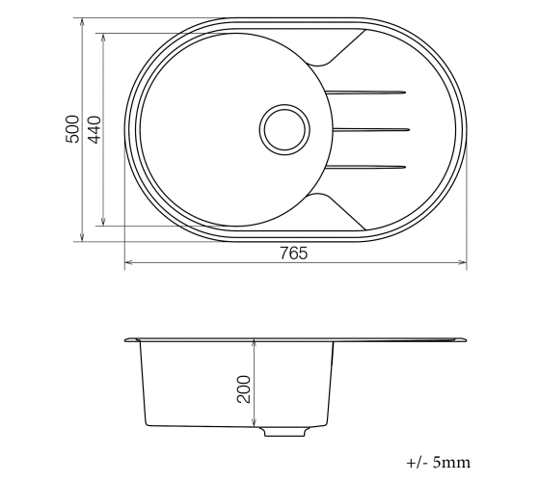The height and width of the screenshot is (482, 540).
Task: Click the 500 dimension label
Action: pyautogui.click(x=72, y=129)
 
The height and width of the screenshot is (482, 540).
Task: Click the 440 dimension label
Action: pyautogui.click(x=94, y=129)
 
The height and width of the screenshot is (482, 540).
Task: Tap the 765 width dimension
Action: pyautogui.click(x=293, y=254)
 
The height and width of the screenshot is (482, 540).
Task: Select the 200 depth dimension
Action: pyautogui.click(x=244, y=389)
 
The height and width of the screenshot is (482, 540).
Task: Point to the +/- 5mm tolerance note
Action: pyautogui.click(x=438, y=462)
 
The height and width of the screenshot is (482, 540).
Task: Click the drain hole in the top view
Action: pyautogui.click(x=284, y=129)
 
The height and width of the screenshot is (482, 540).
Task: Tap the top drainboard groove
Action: pyautogui.click(x=365, y=93)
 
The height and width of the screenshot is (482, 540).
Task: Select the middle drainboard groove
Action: pyautogui.click(x=371, y=130)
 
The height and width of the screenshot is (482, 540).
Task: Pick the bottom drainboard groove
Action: pyautogui.click(x=365, y=168)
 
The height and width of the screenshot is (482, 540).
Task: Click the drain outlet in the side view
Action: pyautogui.click(x=284, y=432)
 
